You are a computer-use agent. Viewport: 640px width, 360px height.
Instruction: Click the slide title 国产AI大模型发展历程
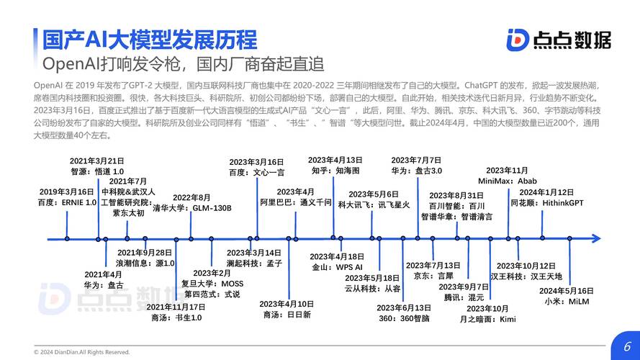click(x=150, y=40)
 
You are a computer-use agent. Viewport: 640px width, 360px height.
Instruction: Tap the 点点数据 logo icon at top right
click(x=518, y=40)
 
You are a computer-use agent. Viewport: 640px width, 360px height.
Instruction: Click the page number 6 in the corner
click(x=627, y=346)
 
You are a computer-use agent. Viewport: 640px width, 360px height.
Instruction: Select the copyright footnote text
click(x=81, y=352)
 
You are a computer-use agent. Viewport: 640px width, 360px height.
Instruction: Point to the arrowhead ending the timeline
click(x=596, y=238)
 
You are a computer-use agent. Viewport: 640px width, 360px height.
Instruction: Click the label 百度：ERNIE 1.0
click(x=68, y=202)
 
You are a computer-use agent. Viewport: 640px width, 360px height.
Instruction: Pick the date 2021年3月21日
click(x=96, y=161)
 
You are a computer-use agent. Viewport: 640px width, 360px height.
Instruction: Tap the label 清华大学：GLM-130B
click(x=192, y=208)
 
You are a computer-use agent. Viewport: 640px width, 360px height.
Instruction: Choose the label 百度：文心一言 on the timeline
click(x=257, y=173)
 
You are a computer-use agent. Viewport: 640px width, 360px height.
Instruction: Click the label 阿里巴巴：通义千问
click(x=296, y=202)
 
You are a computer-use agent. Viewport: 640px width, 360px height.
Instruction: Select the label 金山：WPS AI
click(x=337, y=267)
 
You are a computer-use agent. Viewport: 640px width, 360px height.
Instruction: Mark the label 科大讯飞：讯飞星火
click(x=374, y=205)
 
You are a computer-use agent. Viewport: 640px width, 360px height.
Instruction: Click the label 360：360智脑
click(x=404, y=318)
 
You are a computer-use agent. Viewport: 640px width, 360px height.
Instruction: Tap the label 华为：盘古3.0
click(x=417, y=171)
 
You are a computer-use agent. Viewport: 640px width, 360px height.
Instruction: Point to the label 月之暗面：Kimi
click(x=488, y=319)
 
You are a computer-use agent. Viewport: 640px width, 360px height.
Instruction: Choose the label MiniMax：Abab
click(x=508, y=181)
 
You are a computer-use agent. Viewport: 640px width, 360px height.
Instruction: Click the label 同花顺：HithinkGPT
click(x=547, y=203)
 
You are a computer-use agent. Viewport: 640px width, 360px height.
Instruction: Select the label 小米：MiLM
click(x=567, y=302)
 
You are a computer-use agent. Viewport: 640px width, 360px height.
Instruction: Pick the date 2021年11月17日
click(x=176, y=307)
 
